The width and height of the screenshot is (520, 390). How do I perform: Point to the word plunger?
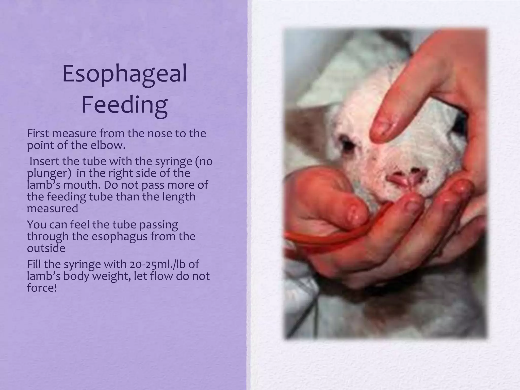click(47, 174)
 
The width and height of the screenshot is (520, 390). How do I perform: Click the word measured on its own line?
click(52, 209)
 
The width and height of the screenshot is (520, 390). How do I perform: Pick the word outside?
click(46, 248)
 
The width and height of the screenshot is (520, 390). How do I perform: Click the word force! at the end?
click(42, 288)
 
